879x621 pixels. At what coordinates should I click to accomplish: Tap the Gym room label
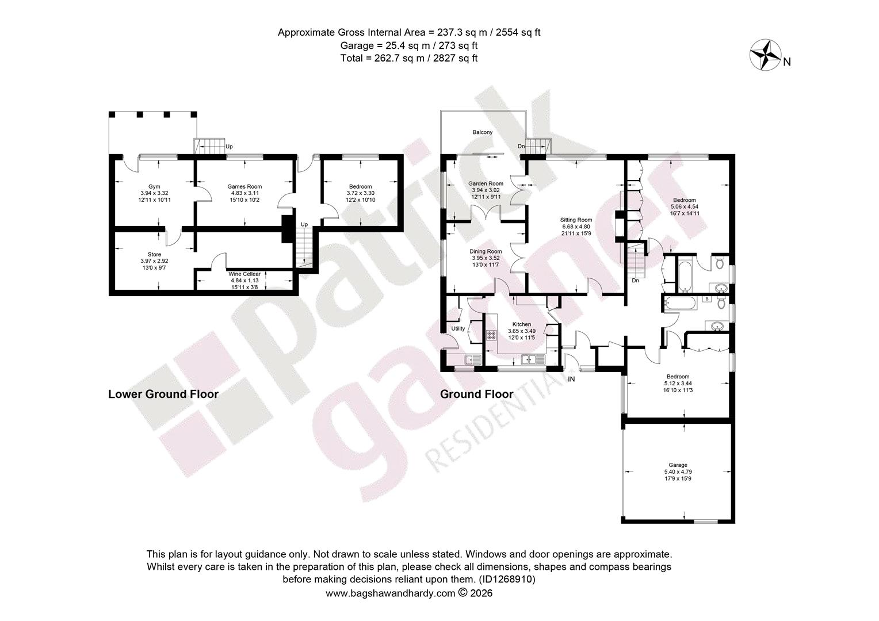click(x=154, y=187)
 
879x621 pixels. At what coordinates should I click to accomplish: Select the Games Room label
click(x=244, y=187)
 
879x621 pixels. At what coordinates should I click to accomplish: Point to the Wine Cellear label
click(x=244, y=274)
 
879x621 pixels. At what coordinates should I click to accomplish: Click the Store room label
click(x=154, y=254)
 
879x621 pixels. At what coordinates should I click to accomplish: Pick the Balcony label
click(x=482, y=132)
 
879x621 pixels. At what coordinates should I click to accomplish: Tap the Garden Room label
click(x=486, y=183)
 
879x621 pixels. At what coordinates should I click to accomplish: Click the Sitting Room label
click(x=576, y=220)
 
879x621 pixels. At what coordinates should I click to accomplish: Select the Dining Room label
click(x=486, y=251)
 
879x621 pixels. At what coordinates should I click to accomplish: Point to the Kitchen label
click(x=522, y=324)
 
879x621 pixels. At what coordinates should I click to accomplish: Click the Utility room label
click(x=458, y=328)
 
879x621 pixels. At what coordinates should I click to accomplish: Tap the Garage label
click(x=678, y=465)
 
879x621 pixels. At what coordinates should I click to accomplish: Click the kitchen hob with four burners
click(x=491, y=335)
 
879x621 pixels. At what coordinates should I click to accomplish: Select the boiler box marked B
click(x=707, y=299)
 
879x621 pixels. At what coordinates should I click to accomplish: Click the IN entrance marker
click(x=571, y=379)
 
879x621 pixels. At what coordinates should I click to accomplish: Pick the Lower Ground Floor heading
click(x=163, y=394)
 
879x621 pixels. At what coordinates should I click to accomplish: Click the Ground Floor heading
click(x=476, y=394)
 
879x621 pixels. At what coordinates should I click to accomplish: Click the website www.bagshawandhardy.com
click(x=390, y=593)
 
